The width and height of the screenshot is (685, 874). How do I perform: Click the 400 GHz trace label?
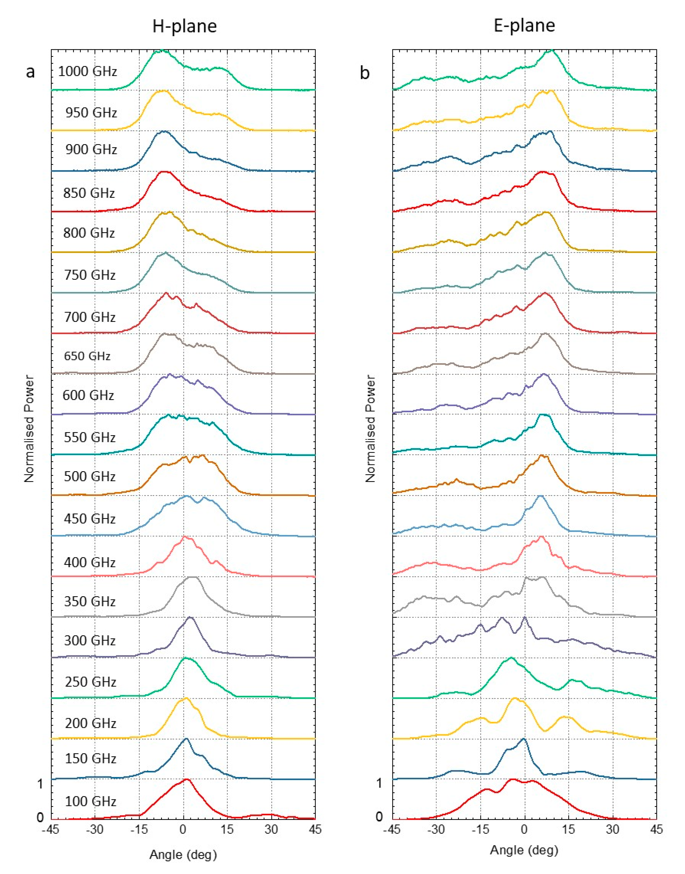pyautogui.click(x=90, y=562)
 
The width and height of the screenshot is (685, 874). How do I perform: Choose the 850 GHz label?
pyautogui.click(x=89, y=193)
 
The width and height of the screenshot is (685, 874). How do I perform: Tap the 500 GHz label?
pyautogui.click(x=90, y=477)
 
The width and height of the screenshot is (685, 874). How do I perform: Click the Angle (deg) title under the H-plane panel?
pyautogui.click(x=183, y=855)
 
